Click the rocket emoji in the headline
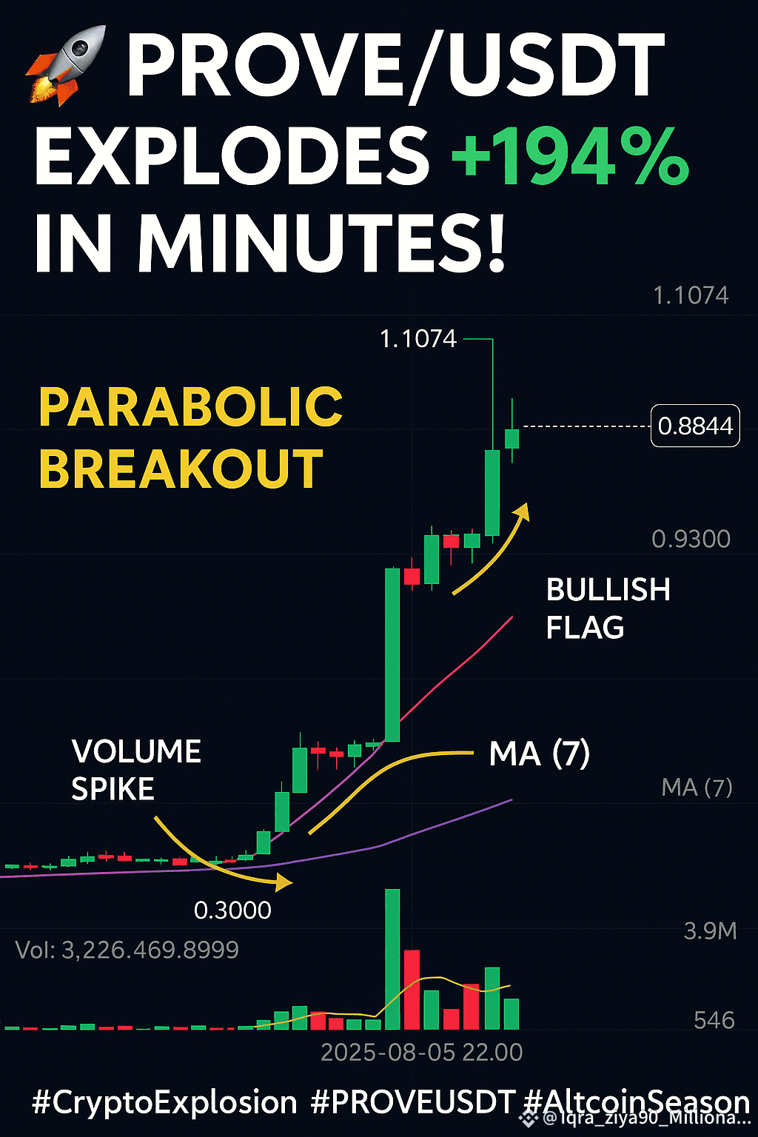[65, 65]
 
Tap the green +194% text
[570, 156]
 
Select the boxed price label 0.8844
[695, 426]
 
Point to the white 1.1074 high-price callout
[418, 339]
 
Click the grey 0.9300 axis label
[691, 539]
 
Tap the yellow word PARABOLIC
[191, 407]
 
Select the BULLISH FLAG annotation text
[608, 608]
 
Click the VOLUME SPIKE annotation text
[136, 770]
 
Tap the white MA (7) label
[540, 754]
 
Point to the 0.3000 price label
[232, 910]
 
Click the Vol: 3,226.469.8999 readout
[127, 950]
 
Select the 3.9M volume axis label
[711, 931]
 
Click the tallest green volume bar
[392, 959]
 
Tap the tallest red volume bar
[412, 989]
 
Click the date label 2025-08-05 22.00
[422, 1053]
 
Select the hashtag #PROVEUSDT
[412, 1102]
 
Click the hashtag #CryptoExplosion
[164, 1103]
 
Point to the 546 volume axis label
[714, 1020]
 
